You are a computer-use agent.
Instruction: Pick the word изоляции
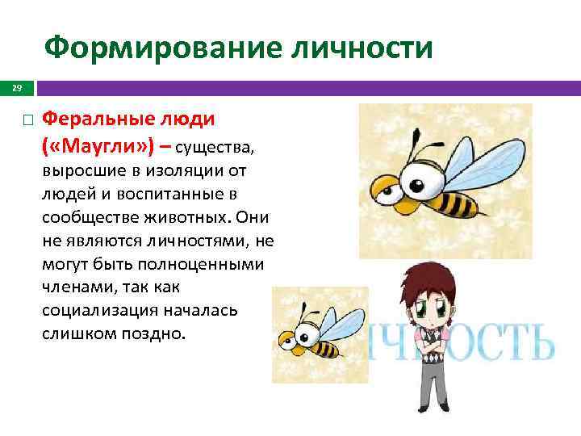point(174,172)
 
